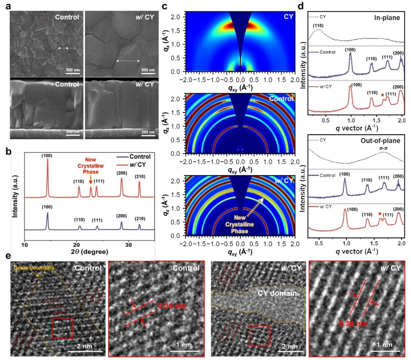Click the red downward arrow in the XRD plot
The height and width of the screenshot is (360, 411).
(91, 179)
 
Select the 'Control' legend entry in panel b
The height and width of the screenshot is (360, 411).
(140, 156)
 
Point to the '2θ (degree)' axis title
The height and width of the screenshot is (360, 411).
(89, 252)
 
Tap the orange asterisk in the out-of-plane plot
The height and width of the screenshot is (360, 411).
(380, 214)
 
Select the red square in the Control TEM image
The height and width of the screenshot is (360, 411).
(62, 328)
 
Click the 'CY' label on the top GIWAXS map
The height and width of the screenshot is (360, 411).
(288, 17)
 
